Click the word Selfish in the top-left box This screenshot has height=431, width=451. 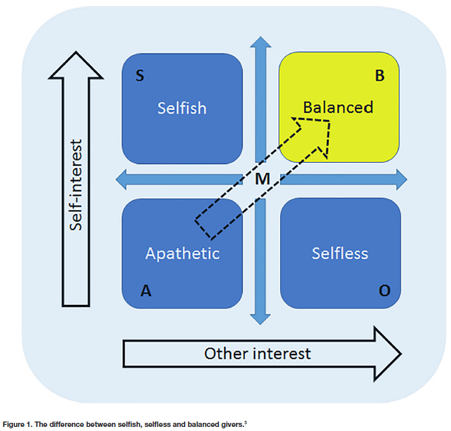click(x=182, y=108)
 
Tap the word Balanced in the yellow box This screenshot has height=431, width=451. click(x=338, y=107)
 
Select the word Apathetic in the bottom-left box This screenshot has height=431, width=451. click(x=182, y=253)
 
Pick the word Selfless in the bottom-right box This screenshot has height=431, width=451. click(x=340, y=253)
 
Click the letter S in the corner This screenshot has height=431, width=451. click(x=140, y=75)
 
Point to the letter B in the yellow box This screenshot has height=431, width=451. click(x=380, y=75)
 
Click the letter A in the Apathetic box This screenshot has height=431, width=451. click(x=144, y=291)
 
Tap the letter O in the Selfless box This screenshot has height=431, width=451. click(x=385, y=291)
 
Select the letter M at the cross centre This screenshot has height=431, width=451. click(x=262, y=180)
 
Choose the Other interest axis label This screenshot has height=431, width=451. click(x=257, y=353)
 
